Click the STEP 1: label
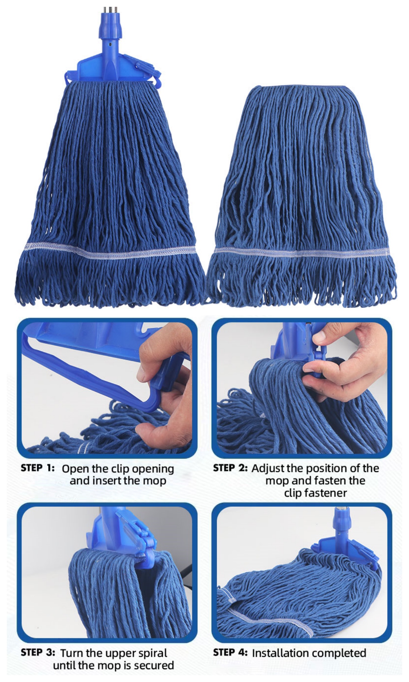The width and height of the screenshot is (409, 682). (37, 468)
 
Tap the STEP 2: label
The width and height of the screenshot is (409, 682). (230, 468)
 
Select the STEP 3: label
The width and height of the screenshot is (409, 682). (37, 652)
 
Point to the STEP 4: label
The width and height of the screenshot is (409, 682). (230, 652)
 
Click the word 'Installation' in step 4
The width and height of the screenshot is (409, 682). (279, 653)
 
